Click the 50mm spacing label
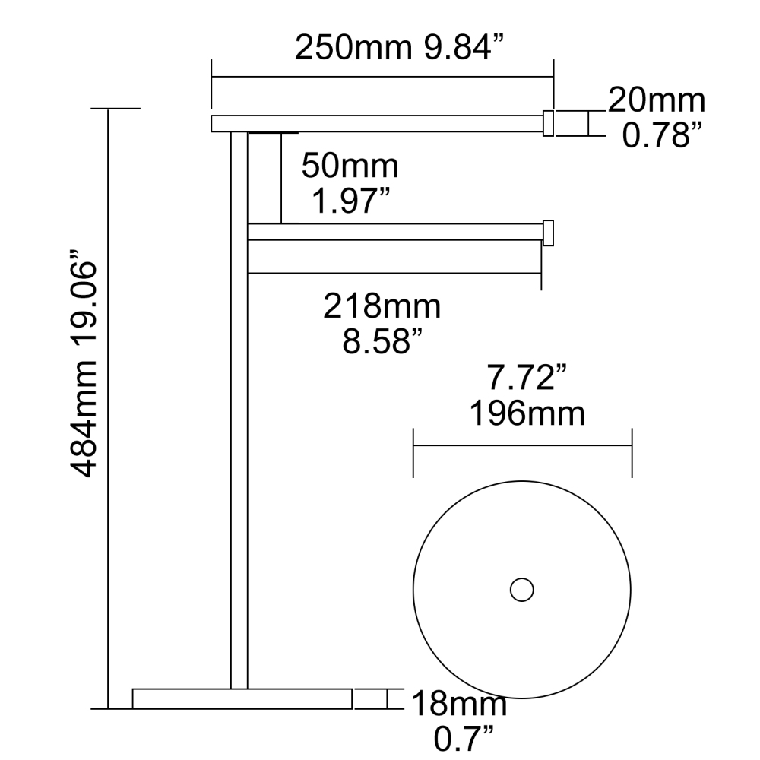350,165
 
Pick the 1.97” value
351,201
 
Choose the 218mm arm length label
382,307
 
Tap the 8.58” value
382,343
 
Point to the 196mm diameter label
527,414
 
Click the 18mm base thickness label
459,704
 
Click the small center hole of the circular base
521,590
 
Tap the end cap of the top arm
547,122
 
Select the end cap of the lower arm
547,233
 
